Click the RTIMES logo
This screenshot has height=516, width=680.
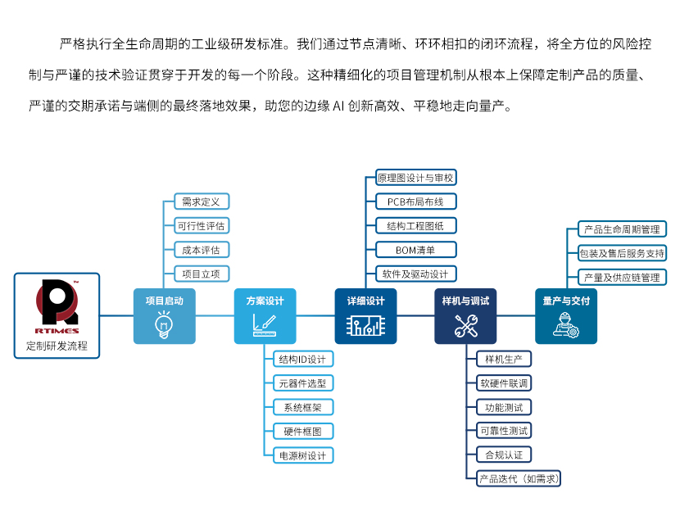pos(57,306)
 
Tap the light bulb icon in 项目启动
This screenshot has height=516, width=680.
pos(164,324)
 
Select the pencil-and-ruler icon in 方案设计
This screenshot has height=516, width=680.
pos(265,325)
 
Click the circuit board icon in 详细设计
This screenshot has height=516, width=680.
pos(365,326)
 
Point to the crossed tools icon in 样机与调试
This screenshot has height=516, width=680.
pos(466,326)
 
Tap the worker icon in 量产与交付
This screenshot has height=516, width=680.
pos(566,325)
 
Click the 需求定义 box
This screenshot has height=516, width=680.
pos(202,201)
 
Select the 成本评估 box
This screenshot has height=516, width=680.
pos(202,250)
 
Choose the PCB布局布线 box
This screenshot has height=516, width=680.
pos(415,201)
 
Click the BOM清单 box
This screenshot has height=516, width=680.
pos(415,250)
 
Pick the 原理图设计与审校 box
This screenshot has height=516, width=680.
pos(415,178)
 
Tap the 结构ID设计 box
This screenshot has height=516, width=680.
pos(302,359)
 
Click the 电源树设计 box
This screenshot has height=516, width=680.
pos(302,455)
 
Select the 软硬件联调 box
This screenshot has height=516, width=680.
pos(504,382)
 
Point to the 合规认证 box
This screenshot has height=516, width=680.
pos(504,455)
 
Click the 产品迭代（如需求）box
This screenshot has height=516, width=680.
pos(519,478)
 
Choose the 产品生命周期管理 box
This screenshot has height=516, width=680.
pos(622,229)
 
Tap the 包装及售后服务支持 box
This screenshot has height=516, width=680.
pos(622,253)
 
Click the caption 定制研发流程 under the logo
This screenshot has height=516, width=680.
pos(57,346)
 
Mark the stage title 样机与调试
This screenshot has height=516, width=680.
pos(466,301)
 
